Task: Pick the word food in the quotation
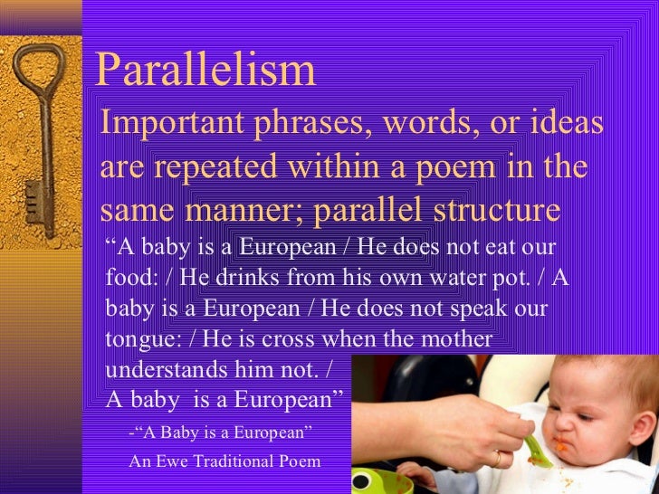pyautogui.click(x=126, y=277)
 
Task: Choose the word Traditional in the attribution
pyautogui.click(x=234, y=461)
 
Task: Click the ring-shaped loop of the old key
pyautogui.click(x=41, y=69)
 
